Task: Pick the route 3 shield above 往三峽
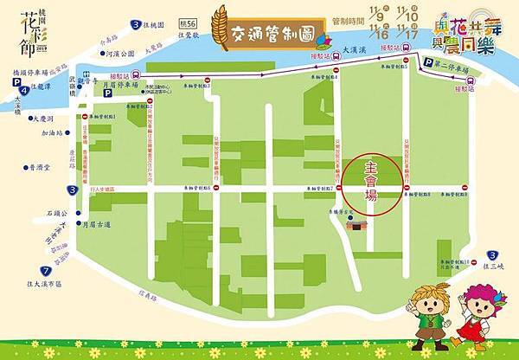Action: (494, 254)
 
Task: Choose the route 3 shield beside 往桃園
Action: (138, 27)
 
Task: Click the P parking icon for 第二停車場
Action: (426, 62)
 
